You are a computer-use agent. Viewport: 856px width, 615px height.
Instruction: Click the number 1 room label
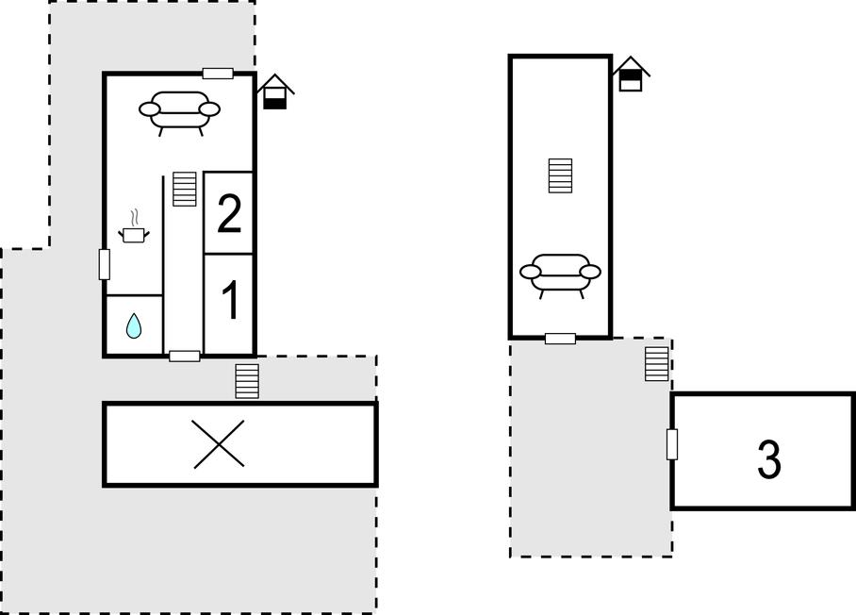click(x=231, y=300)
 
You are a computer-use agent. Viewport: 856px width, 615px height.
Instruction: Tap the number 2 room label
click(x=229, y=213)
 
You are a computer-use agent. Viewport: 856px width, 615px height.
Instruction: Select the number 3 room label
click(x=768, y=459)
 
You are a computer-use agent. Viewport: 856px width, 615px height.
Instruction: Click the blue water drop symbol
click(x=134, y=325)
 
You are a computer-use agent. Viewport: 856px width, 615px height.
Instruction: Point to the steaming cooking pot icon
click(x=134, y=230)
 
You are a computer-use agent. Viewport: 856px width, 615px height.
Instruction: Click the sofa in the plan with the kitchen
click(x=179, y=112)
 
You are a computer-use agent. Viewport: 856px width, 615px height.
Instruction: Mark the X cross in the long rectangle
click(x=219, y=443)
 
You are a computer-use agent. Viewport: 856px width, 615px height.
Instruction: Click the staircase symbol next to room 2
click(x=185, y=189)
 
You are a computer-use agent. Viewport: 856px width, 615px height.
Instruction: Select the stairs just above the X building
click(x=247, y=381)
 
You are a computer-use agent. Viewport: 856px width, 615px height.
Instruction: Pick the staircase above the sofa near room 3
click(x=560, y=175)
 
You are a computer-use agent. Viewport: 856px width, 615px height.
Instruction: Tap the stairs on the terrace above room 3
click(x=657, y=364)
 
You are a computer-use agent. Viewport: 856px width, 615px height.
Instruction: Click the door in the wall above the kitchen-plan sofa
click(x=218, y=74)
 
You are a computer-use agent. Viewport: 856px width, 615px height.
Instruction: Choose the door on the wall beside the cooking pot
click(x=105, y=264)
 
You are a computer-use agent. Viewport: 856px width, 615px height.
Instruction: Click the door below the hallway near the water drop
click(x=185, y=357)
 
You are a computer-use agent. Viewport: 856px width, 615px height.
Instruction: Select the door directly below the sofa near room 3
click(x=560, y=339)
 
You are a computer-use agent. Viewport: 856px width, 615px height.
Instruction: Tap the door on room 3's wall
click(x=672, y=444)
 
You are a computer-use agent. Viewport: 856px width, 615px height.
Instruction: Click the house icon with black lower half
click(x=275, y=91)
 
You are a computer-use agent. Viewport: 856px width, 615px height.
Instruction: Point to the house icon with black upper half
click(x=631, y=74)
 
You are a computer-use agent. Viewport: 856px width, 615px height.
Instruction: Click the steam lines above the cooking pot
click(x=134, y=217)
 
